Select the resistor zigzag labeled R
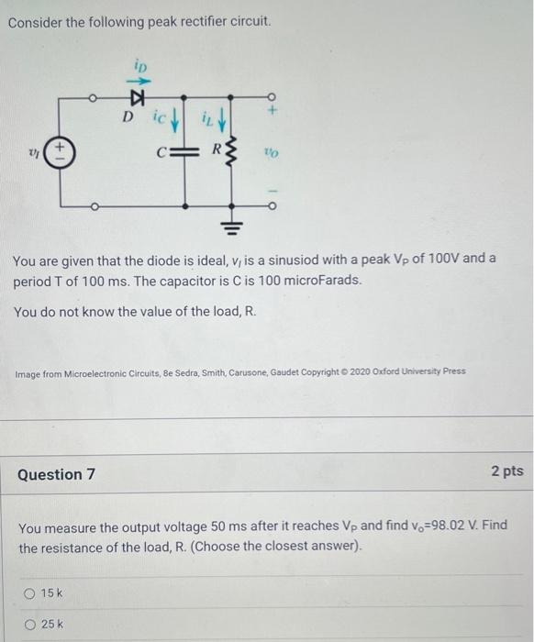click(231, 151)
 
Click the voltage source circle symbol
click(60, 153)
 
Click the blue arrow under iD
click(141, 81)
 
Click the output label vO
click(271, 153)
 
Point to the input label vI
click(34, 153)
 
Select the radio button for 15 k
click(29, 593)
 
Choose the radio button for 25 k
click(30, 625)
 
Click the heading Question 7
click(57, 474)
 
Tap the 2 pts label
click(507, 470)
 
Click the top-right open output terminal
click(272, 97)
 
